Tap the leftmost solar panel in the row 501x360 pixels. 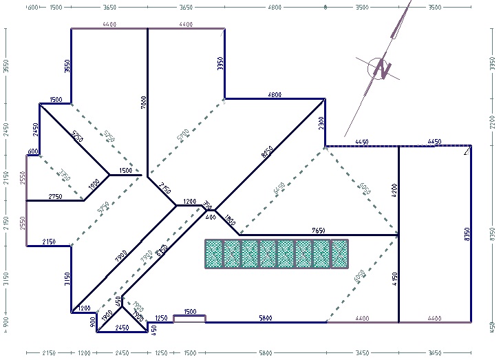[x=214, y=254]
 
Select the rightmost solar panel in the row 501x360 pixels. [x=339, y=254]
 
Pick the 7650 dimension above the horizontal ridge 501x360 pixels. [x=318, y=229]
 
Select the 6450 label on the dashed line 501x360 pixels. [x=278, y=187]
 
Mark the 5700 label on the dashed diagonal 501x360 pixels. [x=183, y=135]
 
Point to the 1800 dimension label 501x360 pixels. [x=230, y=222]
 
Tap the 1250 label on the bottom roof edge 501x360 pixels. [x=162, y=318]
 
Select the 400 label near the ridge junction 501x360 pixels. [x=211, y=217]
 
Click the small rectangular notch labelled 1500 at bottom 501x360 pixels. [x=189, y=318]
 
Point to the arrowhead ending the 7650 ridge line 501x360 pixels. [x=396, y=235]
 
